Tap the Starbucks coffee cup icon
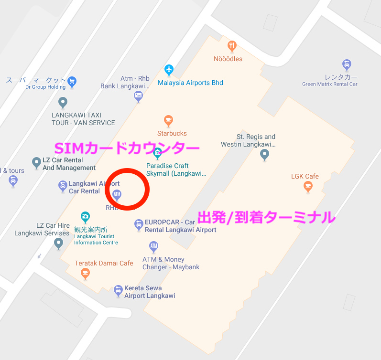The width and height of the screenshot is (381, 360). coord(168,120)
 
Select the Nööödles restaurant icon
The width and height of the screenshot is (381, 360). coord(232,46)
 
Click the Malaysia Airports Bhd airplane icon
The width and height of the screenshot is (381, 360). coord(168,70)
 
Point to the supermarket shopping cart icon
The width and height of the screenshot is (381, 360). coord(72,80)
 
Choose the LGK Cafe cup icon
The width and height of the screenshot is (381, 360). coord(308,186)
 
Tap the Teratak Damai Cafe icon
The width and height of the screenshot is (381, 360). coord(85,273)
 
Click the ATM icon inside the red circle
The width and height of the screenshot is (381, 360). coord(117,194)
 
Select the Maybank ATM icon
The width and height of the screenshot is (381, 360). coord(153,246)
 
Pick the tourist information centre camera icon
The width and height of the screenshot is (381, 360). coord(85,217)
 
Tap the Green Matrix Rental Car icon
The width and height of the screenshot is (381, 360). coord(347,64)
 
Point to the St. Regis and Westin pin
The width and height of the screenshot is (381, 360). coord(264,154)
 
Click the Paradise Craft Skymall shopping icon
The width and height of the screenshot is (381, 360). coord(157,154)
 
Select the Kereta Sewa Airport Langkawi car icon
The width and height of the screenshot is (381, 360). coord(118,290)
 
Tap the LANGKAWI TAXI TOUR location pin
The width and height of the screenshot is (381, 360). coord(63,102)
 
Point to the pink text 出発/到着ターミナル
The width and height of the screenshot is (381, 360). coord(266,218)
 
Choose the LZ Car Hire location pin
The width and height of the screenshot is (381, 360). coord(58,244)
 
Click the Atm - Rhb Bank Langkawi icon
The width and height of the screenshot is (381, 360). coord(138,96)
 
